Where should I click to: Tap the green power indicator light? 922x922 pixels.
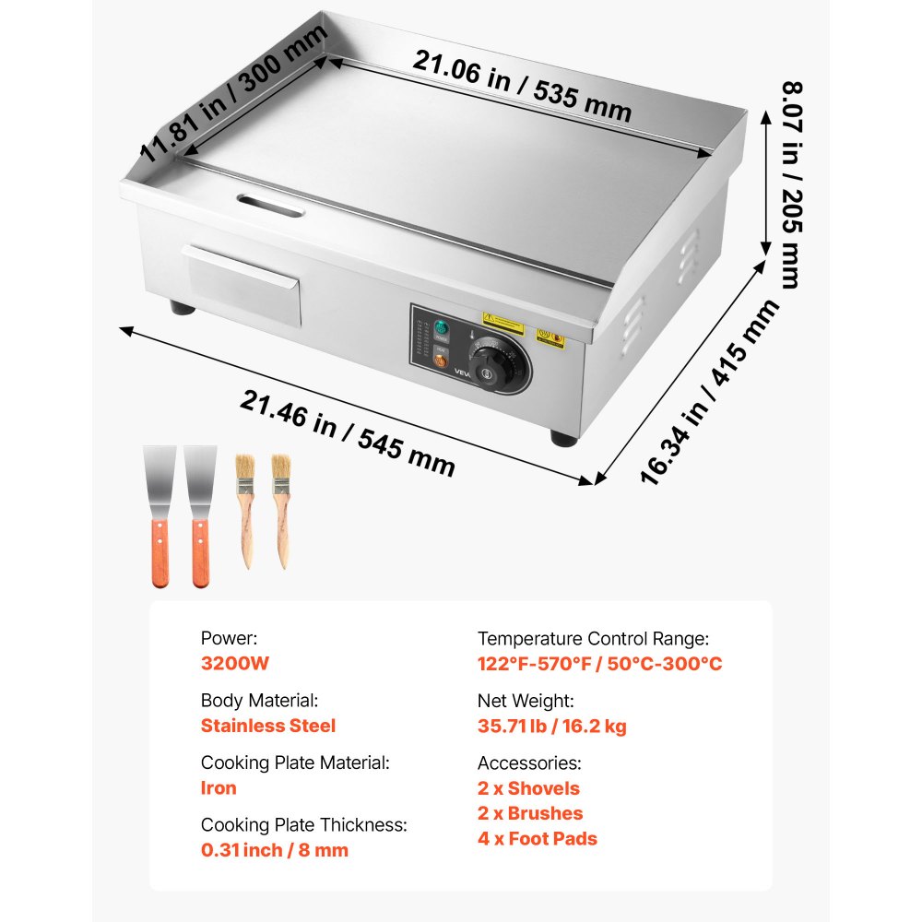[x=440, y=328]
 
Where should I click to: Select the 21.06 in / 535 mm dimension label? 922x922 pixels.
[x=522, y=87]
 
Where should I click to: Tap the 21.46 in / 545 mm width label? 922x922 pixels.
[x=349, y=432]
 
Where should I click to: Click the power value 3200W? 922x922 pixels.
[x=235, y=663]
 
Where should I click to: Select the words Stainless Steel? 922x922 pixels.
[x=268, y=726]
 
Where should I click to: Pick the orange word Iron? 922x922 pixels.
[x=219, y=788]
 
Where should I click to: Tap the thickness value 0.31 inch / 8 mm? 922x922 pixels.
[x=275, y=850]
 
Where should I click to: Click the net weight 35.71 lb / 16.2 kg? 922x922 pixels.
[x=551, y=726]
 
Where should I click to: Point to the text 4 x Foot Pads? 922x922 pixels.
[x=537, y=839]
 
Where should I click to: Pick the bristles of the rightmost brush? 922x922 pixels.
[x=280, y=467]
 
